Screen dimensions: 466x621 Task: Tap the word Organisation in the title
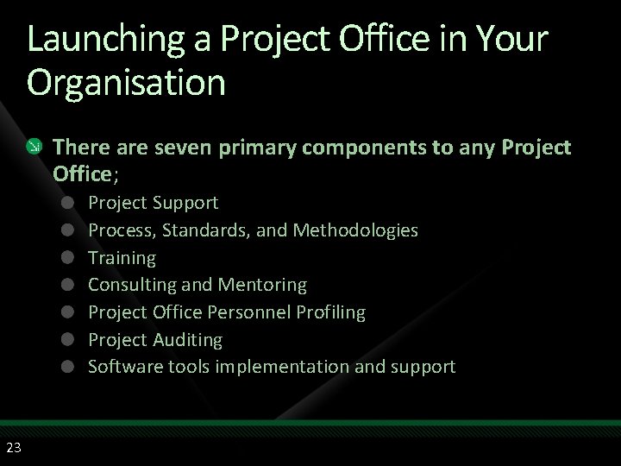point(126,83)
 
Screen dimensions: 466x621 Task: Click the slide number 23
point(14,446)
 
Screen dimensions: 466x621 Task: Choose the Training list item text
point(122,257)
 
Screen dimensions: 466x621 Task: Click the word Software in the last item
point(122,366)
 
